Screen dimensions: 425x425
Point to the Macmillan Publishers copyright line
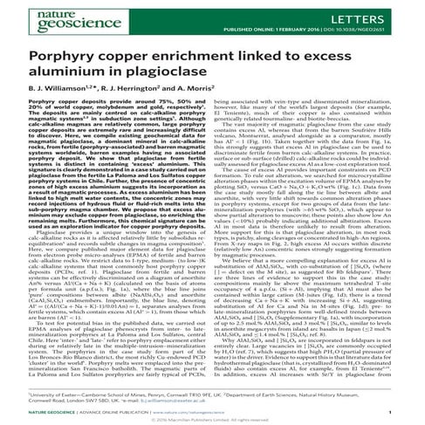pos(212,416)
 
